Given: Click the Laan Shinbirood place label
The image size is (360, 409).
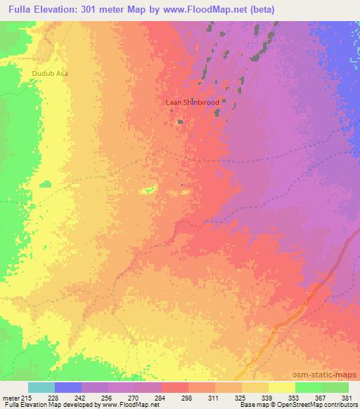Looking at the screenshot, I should click(x=192, y=103).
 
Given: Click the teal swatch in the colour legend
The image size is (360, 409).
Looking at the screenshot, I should click(x=41, y=387).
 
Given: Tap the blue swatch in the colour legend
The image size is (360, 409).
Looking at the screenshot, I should click(x=68, y=387).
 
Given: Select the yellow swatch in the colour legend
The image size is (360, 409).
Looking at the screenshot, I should click(x=281, y=387).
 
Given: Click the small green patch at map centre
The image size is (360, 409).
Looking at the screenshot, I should click(x=148, y=190).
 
